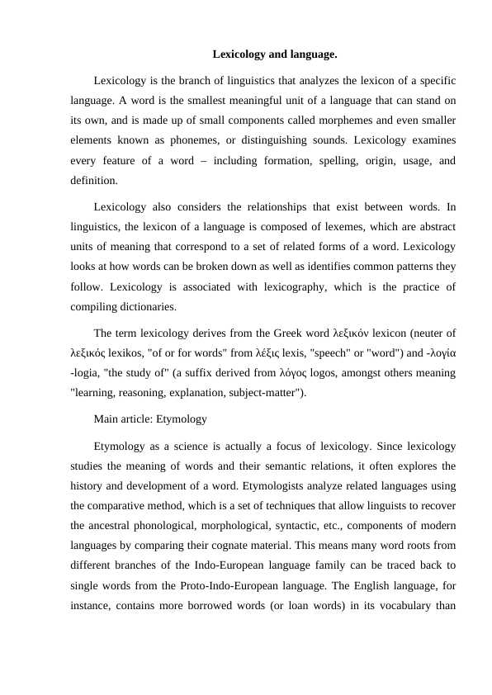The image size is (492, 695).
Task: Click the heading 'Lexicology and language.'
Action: click(x=275, y=54)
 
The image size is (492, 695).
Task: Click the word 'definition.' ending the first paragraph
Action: click(x=94, y=180)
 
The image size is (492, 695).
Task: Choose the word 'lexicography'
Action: click(x=298, y=286)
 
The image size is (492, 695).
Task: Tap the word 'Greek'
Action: click(x=276, y=333)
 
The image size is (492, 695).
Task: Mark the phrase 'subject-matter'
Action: click(x=261, y=393)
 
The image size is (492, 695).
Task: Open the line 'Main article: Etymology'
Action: click(x=150, y=418)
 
